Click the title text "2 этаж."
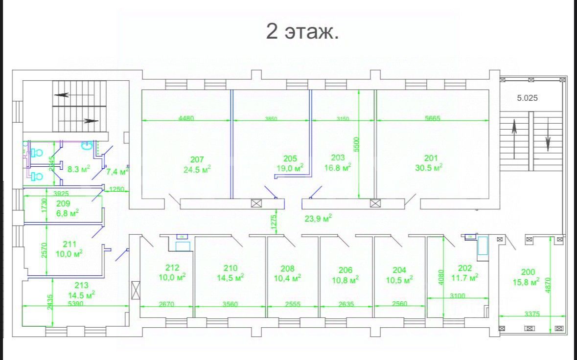click(x=302, y=32)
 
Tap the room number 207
click(x=197, y=159)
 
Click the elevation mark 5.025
click(x=527, y=97)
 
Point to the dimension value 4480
click(x=186, y=118)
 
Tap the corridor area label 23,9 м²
click(x=318, y=218)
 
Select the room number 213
click(x=82, y=286)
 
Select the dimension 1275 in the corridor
click(x=274, y=221)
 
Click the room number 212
click(x=172, y=268)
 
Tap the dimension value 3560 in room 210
click(x=230, y=304)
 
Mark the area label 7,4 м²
click(x=117, y=172)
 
